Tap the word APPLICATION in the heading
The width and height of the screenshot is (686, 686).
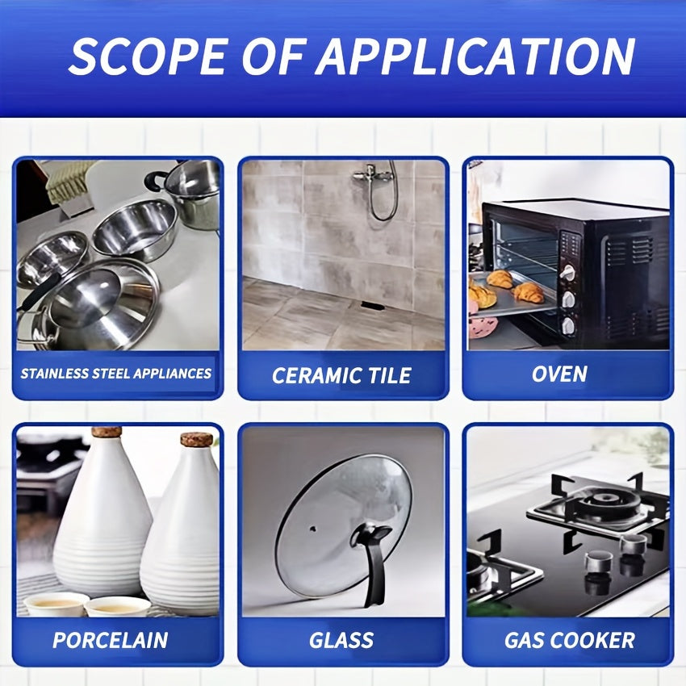475,56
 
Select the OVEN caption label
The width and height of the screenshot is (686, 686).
559,374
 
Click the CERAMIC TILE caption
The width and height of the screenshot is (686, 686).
341,375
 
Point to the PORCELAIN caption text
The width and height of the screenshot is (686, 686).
111,640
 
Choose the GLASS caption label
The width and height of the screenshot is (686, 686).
341,640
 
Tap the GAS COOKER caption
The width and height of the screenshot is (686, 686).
570,640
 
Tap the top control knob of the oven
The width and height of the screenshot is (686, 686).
568,273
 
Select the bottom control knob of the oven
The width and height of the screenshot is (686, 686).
568,326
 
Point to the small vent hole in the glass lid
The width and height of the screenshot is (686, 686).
313,529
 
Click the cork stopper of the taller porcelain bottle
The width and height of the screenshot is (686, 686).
107,433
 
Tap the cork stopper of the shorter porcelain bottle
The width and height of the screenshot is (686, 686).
197,439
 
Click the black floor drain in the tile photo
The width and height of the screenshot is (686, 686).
373,306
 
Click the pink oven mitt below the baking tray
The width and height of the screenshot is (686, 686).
483,326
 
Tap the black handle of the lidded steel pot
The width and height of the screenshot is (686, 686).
154,179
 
